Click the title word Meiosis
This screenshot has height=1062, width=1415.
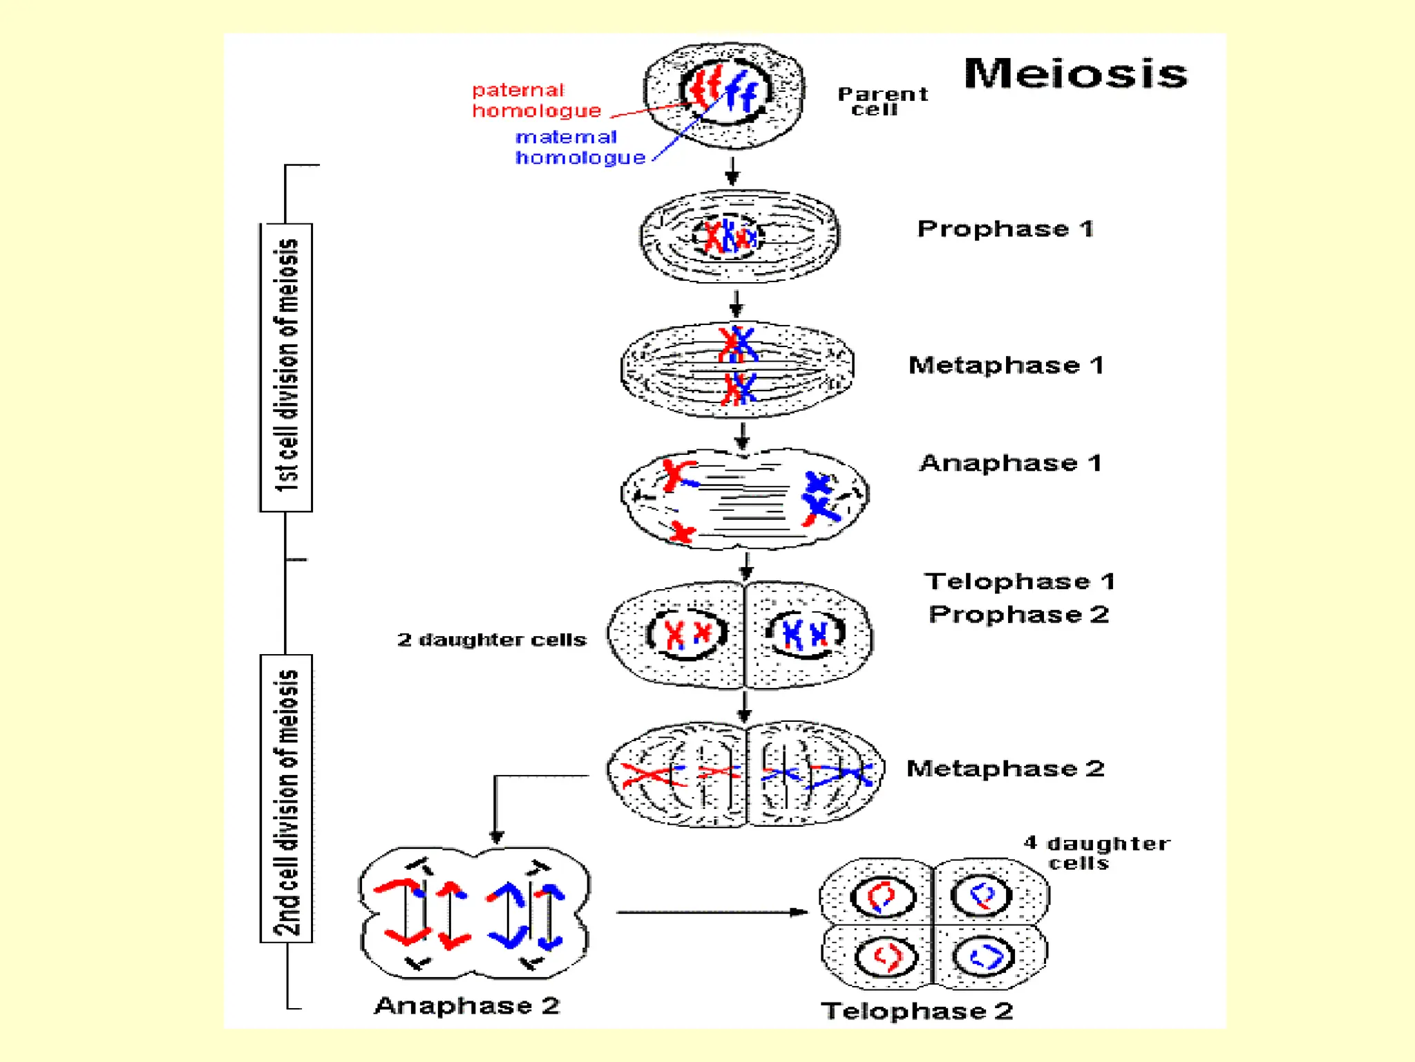[1075, 73]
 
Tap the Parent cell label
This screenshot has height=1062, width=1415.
[882, 101]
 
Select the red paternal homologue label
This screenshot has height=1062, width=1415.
[536, 100]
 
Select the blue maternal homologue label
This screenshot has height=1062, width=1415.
[580, 147]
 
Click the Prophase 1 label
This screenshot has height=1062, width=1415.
[1005, 229]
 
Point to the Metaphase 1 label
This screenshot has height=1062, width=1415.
[1005, 365]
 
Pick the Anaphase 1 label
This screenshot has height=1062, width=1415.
[1009, 463]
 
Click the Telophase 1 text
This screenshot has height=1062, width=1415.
[1019, 581]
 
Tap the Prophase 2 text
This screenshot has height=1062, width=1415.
[1018, 615]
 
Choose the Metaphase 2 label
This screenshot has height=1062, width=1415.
[1005, 768]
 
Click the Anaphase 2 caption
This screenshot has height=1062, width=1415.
[466, 1005]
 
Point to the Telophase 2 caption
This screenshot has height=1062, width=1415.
[916, 1011]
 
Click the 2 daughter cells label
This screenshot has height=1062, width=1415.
[491, 640]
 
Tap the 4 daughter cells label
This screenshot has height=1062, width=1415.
[1096, 853]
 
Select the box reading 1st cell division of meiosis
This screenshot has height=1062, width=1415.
[286, 367]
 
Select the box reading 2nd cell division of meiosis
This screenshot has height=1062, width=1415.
[286, 798]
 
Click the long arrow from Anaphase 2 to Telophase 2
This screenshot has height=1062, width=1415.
[712, 912]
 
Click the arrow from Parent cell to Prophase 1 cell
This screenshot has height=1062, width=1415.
[732, 170]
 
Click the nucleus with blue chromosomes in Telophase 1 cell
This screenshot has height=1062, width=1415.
[806, 633]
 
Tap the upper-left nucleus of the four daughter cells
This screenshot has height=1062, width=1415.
[882, 897]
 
